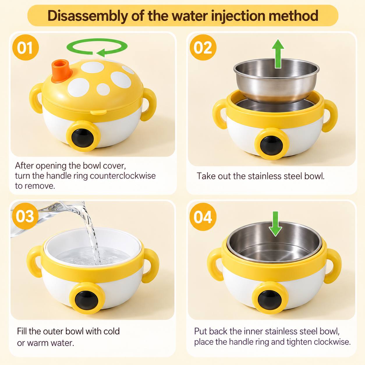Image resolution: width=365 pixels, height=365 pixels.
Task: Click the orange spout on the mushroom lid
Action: click(61, 71)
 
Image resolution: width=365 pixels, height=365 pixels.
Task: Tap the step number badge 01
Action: click(25, 47)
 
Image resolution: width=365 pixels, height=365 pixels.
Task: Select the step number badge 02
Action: click(203, 47)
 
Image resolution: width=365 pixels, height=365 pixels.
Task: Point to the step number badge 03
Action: click(25, 216)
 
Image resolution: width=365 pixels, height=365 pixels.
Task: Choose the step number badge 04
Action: click(203, 216)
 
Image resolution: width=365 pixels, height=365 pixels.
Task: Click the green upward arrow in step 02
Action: click(278, 54)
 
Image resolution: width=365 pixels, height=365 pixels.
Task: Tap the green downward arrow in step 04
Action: click(275, 224)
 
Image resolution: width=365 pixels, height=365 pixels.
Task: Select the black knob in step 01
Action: click(83, 136)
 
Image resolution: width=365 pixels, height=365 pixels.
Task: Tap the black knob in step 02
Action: click(272, 145)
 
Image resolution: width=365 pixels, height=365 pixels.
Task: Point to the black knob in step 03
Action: click(86, 300)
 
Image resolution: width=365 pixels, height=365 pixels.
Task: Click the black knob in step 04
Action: click(270, 300)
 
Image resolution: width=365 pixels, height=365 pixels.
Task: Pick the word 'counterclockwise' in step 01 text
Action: click(123, 176)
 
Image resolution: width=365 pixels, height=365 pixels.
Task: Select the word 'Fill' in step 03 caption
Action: click(22, 331)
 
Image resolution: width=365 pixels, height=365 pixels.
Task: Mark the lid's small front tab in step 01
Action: click(98, 112)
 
